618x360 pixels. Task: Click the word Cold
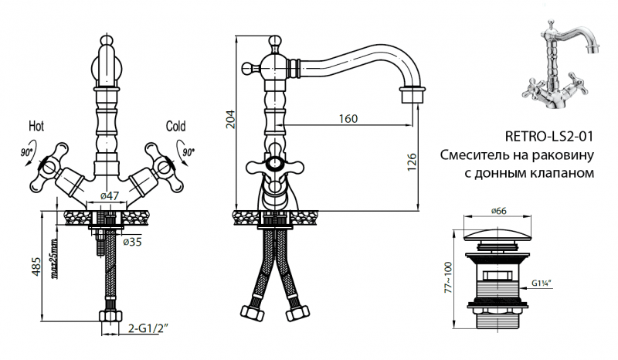pos(176,125)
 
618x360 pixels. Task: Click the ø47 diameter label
pos(110,197)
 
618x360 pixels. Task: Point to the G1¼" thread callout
pos(544,282)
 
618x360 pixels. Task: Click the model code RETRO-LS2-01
pos(548,138)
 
